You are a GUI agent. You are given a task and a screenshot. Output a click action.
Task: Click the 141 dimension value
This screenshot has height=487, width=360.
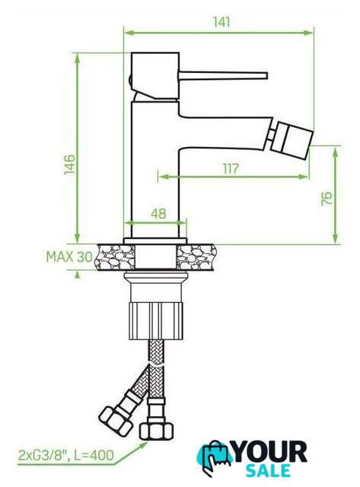pos(221,22)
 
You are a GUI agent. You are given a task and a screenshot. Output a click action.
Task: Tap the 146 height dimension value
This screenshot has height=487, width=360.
pos(69,164)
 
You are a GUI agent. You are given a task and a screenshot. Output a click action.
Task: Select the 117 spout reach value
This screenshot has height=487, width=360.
pos(231,168)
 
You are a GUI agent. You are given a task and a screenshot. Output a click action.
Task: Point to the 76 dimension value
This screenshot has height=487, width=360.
pos(327,199)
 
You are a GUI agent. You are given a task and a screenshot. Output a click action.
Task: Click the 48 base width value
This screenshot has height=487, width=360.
pos(158,214)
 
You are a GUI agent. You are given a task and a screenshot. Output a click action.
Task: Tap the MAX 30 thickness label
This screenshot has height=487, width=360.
pos(69,257)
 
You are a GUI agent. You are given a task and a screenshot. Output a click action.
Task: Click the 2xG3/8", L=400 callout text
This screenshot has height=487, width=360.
pos(66,455)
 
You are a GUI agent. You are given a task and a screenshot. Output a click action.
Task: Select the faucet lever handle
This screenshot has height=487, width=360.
pos(223,75)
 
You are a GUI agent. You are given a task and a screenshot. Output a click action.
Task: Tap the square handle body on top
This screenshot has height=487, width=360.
pos(155,76)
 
